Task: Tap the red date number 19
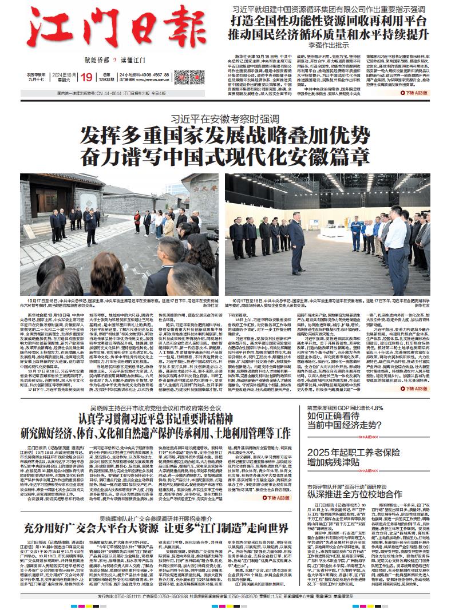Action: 87,78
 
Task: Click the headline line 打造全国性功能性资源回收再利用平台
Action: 330,21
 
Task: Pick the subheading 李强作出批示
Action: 330,45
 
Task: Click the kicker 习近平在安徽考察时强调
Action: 224,120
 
